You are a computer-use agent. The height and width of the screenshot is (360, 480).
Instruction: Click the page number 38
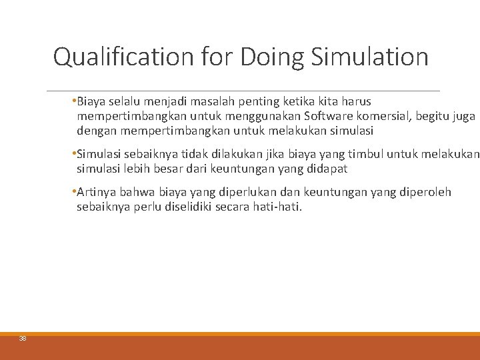pos(23,339)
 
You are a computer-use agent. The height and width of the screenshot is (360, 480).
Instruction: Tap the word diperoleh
pos(425,193)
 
